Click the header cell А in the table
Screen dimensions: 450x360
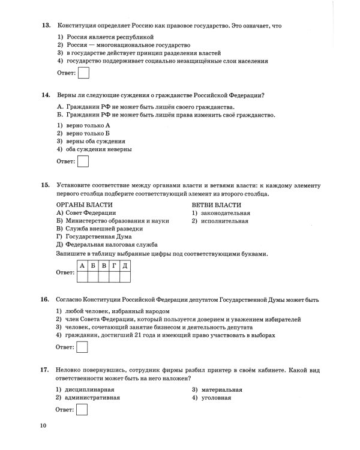coord(83,265)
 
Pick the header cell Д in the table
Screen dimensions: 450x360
coord(124,265)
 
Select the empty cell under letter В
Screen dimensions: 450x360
coord(103,276)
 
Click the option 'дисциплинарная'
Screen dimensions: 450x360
coord(88,390)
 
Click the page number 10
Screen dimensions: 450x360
coord(43,426)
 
